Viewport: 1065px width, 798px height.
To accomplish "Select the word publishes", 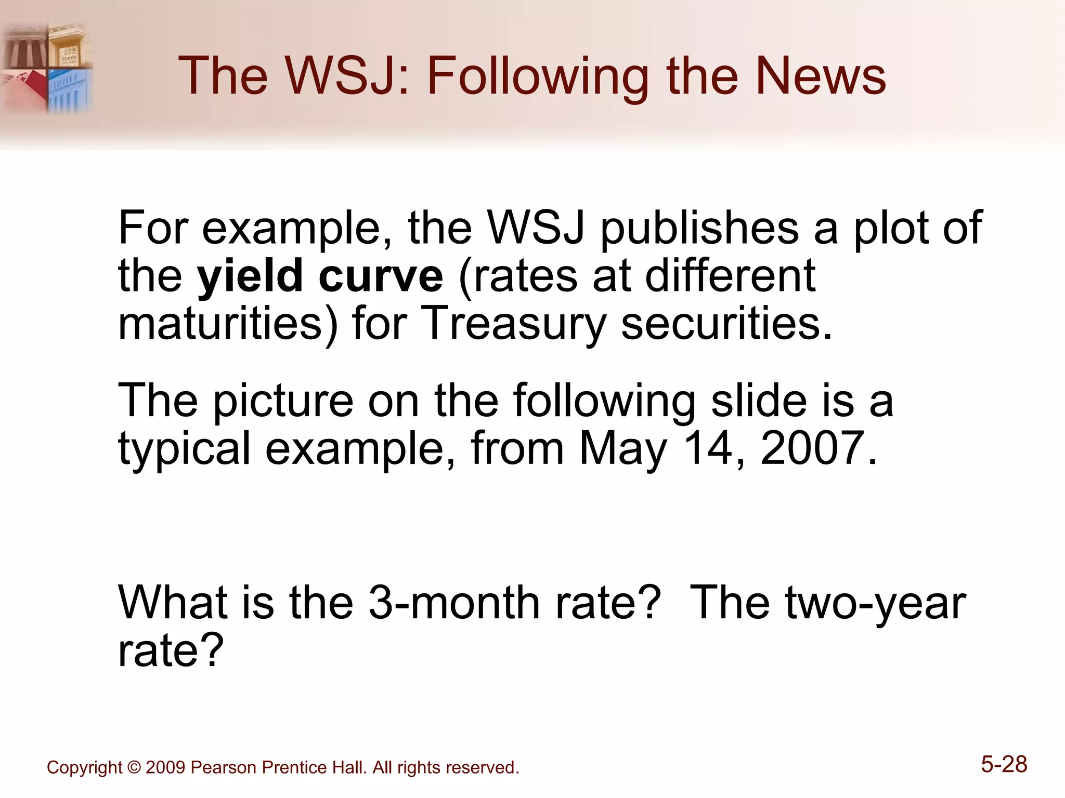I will (x=699, y=229).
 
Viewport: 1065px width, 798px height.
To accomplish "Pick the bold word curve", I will (x=381, y=276).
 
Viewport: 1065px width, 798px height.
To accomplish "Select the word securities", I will (x=727, y=323).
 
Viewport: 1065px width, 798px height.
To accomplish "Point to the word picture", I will (x=283, y=401).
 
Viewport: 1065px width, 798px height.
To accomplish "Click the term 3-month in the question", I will (x=454, y=604).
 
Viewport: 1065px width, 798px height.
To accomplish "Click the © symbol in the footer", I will (x=134, y=767).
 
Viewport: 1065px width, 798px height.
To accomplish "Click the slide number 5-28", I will (x=1004, y=765).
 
